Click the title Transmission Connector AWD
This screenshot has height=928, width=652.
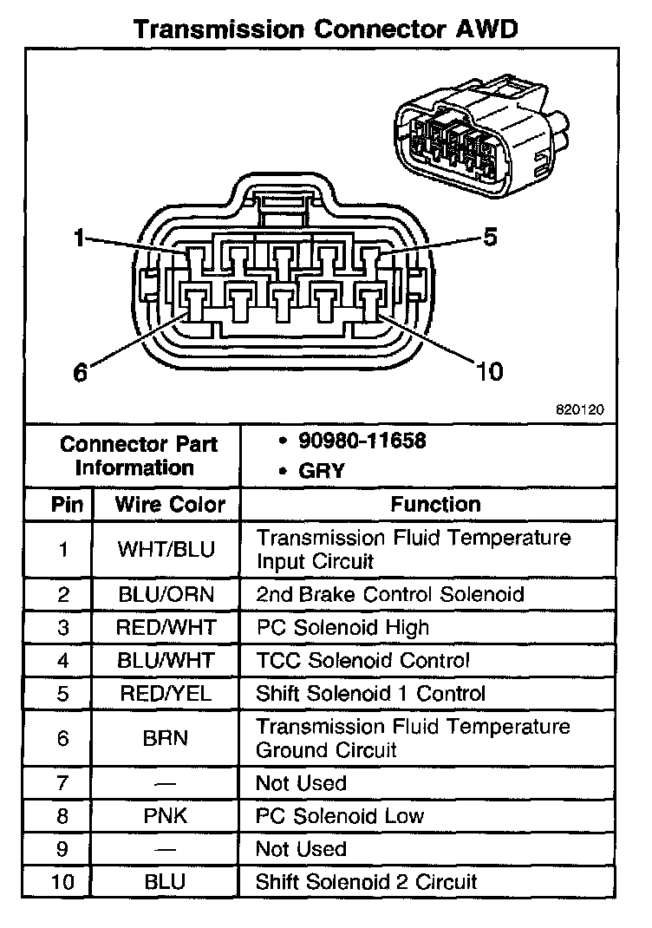point(325,29)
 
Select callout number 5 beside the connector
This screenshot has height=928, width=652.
point(490,237)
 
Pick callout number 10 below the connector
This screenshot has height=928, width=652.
point(489,372)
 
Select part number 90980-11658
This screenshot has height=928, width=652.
point(362,441)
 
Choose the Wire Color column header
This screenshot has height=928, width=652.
point(170,504)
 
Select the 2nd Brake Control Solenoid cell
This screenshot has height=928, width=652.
point(389,594)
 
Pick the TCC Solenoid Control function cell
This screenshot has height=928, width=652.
point(362,660)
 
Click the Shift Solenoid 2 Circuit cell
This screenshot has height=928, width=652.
point(366,882)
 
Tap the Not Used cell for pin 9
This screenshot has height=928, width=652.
point(301,849)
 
